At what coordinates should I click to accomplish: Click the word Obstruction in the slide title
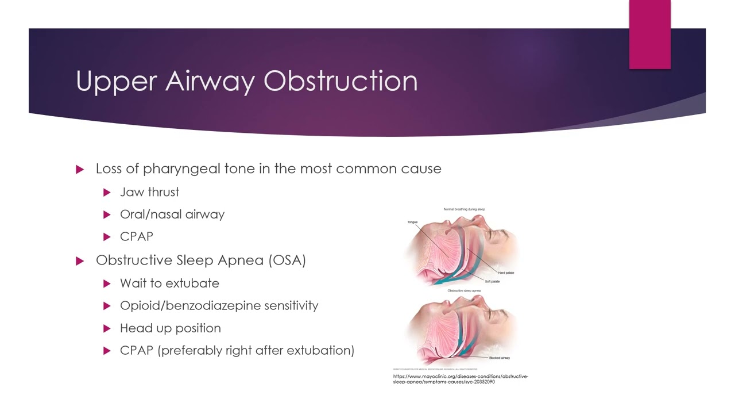(341, 81)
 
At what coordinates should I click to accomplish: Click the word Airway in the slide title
(210, 81)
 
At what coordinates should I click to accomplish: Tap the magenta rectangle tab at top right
(649, 34)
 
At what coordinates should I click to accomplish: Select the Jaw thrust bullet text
(149, 192)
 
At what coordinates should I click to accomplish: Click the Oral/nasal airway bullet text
(172, 214)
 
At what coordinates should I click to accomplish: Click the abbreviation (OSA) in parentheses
(287, 260)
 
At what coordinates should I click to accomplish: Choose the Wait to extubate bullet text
(169, 283)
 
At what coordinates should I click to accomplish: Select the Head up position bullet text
(170, 328)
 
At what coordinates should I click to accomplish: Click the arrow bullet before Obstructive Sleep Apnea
(80, 260)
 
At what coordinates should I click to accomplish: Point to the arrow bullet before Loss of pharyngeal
(80, 169)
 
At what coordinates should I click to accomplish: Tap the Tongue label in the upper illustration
(412, 222)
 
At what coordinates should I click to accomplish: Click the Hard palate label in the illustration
(506, 273)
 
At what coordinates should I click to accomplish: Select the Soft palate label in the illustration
(492, 281)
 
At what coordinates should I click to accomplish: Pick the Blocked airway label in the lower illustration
(499, 358)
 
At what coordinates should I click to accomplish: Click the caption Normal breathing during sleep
(464, 209)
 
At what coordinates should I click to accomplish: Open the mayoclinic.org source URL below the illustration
(461, 379)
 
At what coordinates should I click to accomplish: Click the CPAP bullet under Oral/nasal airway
(136, 237)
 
